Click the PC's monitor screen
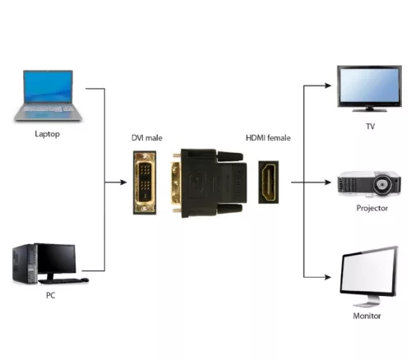(x=55, y=258)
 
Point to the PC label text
(x=51, y=293)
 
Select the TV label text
(x=370, y=127)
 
